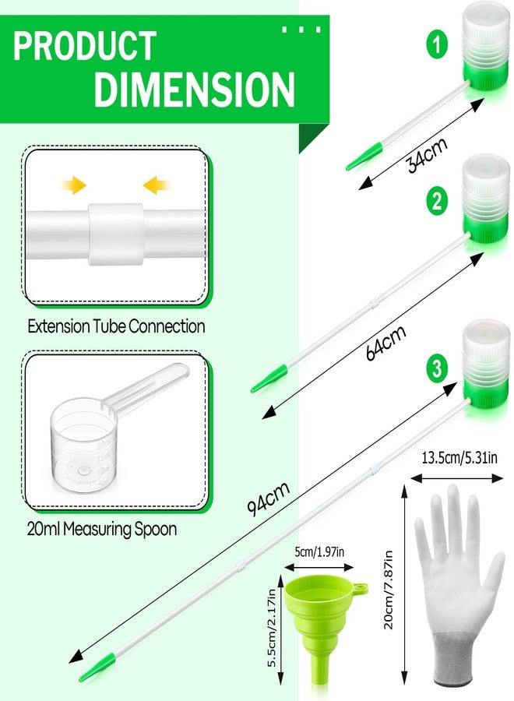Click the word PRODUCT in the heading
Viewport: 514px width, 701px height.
tap(84, 46)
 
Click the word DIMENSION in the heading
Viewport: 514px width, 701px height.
tap(195, 88)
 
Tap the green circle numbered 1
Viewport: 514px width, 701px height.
tap(437, 44)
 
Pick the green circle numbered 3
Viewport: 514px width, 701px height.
tap(437, 368)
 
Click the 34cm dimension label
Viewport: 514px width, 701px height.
tap(427, 155)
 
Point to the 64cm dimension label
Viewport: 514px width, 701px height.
tap(385, 342)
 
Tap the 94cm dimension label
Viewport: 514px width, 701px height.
tap(268, 498)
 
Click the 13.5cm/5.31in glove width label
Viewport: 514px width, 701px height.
tap(459, 457)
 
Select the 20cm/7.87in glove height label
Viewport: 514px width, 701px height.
tap(388, 590)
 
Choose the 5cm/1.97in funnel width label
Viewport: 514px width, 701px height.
tap(319, 551)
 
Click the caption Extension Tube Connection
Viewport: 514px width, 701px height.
tap(116, 326)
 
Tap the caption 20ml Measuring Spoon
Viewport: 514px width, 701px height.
tap(102, 529)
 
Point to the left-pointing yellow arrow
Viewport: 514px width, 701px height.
tap(156, 185)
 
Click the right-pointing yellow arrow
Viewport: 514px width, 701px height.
tap(74, 185)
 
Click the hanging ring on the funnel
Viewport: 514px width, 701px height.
tap(361, 587)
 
